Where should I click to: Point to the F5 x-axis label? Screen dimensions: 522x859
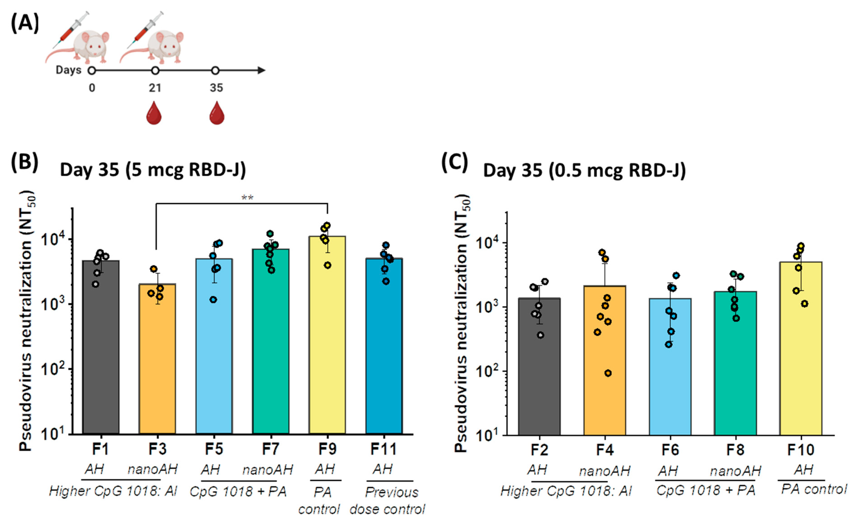(x=214, y=449)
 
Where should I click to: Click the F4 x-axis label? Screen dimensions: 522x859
(x=605, y=450)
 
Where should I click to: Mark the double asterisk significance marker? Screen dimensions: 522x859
(x=247, y=198)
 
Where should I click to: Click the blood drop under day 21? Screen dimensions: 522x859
(x=154, y=113)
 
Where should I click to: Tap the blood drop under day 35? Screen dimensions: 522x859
(x=217, y=113)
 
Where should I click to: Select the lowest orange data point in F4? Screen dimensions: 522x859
(x=608, y=373)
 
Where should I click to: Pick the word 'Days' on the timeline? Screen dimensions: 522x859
(x=68, y=70)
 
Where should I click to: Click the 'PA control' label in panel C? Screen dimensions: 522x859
(x=814, y=489)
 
